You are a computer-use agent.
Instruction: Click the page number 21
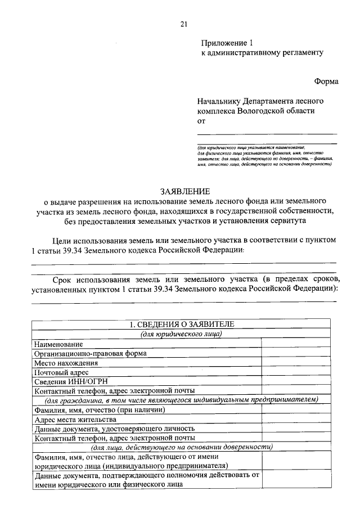pos(183,24)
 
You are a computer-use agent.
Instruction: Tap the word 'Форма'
pos(326,81)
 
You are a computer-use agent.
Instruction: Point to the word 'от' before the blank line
pos(201,120)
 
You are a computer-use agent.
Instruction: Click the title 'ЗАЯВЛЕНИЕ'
pos(184,191)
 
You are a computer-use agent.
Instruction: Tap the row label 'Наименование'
pos(58,344)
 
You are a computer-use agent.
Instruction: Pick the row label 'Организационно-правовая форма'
pos(91,353)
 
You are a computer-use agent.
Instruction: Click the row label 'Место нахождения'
pos(66,363)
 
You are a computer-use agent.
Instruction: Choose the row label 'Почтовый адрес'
pos(61,372)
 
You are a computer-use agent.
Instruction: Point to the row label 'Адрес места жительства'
pos(75,419)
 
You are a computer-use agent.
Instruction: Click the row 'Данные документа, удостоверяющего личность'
pos(115,429)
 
